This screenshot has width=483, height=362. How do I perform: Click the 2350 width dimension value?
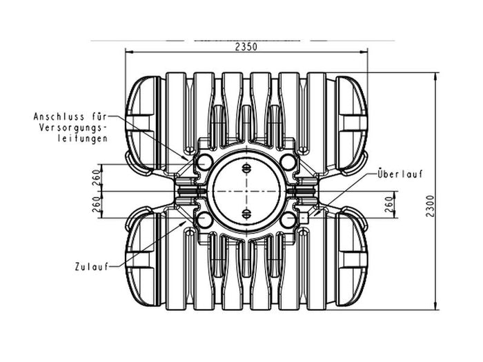tap(246, 47)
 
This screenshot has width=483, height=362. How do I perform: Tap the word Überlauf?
tap(401, 174)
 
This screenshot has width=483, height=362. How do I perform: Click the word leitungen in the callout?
tap(81, 139)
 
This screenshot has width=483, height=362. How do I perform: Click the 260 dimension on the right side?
tap(388, 204)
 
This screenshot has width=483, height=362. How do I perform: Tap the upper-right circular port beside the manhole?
tap(289, 162)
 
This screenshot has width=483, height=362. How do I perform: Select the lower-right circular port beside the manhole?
tap(289, 220)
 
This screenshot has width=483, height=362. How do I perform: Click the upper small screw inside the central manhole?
tap(247, 169)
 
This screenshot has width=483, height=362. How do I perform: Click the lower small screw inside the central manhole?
tap(247, 213)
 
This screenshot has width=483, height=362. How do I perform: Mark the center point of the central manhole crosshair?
tap(247, 191)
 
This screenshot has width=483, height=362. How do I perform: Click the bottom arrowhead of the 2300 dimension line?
tap(436, 306)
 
